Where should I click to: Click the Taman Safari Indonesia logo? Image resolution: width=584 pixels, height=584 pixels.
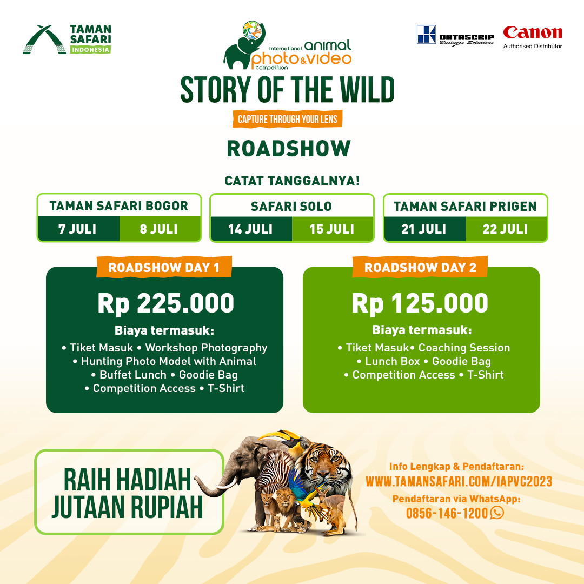[67, 39]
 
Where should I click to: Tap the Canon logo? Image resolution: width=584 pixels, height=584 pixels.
[533, 37]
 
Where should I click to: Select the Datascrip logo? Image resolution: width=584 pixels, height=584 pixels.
[455, 35]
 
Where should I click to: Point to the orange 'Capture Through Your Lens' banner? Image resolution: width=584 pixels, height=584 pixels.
[287, 119]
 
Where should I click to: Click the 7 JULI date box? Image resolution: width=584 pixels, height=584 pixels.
[78, 229]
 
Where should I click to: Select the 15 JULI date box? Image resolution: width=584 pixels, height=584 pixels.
[332, 229]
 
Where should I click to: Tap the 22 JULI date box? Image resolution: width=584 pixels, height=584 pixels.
[506, 229]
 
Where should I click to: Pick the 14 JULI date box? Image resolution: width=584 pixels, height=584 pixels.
[251, 229]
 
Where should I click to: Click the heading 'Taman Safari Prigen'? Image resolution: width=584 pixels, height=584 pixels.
[465, 207]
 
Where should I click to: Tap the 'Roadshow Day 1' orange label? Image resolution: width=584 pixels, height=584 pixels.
[164, 267]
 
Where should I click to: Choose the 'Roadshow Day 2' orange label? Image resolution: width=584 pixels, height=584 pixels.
[420, 267]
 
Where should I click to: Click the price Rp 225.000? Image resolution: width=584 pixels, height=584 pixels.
[166, 303]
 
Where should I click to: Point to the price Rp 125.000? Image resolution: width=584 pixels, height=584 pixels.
[420, 303]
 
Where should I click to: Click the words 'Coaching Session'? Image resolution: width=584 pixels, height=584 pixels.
[464, 348]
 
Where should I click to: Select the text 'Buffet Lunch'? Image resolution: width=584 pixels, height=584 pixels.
[133, 375]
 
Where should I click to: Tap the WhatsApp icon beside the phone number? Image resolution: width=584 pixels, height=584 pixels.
[497, 513]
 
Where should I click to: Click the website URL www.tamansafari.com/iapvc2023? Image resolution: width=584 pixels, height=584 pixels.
[459, 481]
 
